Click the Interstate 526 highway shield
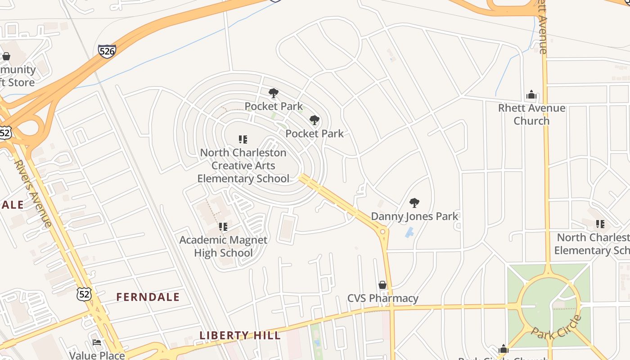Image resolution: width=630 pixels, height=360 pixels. [x=107, y=51]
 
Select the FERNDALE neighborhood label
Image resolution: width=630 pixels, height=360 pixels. [x=148, y=297]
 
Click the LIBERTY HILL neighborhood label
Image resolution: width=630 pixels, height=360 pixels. [x=240, y=335]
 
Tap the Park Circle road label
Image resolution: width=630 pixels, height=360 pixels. [x=556, y=328]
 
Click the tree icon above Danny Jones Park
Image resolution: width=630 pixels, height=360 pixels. [x=414, y=203]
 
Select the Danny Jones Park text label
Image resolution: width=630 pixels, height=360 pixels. [x=414, y=216]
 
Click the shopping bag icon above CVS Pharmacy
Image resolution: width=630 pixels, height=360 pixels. [x=382, y=285]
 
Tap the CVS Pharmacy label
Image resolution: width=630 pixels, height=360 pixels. [x=382, y=298]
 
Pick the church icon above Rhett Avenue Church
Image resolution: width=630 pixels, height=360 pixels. [x=531, y=95]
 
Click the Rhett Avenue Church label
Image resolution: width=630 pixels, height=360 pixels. [x=531, y=114]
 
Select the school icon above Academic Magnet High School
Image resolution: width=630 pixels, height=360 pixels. [x=223, y=227]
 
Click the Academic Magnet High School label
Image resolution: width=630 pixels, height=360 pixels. [x=223, y=246]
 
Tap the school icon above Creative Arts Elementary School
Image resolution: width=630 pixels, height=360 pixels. [x=243, y=139]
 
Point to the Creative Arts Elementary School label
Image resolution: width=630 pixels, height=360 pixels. [x=243, y=166]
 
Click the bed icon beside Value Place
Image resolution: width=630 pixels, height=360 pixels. [x=97, y=343]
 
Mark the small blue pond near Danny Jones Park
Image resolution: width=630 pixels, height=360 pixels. [x=409, y=233]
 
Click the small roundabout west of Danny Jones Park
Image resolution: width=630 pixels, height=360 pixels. [x=383, y=232]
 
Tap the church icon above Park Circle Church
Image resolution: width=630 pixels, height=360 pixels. [x=503, y=349]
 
